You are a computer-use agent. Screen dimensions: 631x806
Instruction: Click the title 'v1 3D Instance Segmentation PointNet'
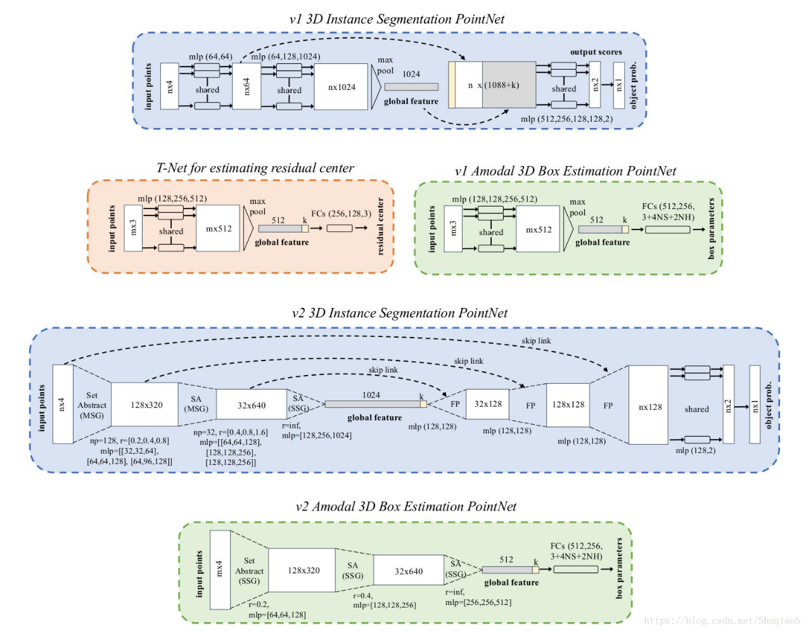coord(397,19)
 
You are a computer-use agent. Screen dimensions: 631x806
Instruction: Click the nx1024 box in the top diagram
coord(341,87)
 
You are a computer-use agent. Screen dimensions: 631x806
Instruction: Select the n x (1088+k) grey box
coord(509,85)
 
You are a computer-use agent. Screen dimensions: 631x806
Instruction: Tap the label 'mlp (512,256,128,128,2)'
coord(566,118)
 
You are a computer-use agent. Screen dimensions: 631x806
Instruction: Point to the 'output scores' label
coord(596,52)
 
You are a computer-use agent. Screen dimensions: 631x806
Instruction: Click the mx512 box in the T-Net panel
coord(219,229)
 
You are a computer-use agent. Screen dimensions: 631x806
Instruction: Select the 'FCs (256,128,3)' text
coord(341,214)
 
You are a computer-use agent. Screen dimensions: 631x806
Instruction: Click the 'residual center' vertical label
coord(381,227)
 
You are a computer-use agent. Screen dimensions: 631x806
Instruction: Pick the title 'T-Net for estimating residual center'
coord(255,168)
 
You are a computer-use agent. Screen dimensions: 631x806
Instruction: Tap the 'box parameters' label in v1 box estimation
coord(712,229)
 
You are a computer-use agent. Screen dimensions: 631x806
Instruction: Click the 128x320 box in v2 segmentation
coord(146,405)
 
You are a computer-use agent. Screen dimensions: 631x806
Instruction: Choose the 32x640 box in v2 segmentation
coord(252,405)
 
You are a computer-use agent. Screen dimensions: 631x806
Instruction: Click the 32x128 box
coord(488,404)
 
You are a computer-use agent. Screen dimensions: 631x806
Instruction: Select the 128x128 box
coord(568,404)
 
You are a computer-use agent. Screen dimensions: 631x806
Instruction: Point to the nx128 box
coord(649,407)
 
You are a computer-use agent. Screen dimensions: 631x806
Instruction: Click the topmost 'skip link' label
coord(536,341)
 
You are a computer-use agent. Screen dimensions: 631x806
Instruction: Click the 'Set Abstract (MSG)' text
coord(92,405)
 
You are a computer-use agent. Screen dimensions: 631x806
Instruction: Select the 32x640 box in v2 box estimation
coord(409,571)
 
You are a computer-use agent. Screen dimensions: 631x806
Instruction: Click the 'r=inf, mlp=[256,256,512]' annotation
coord(478,597)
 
